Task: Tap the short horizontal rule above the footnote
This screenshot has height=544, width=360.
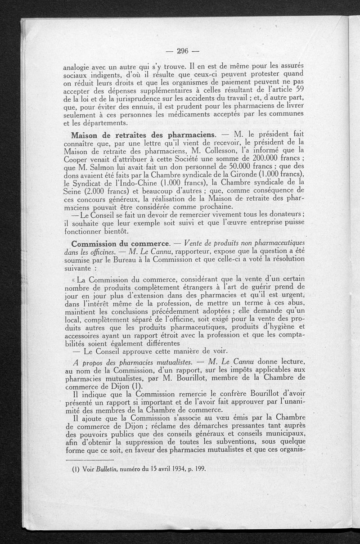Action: (x=89, y=460)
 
